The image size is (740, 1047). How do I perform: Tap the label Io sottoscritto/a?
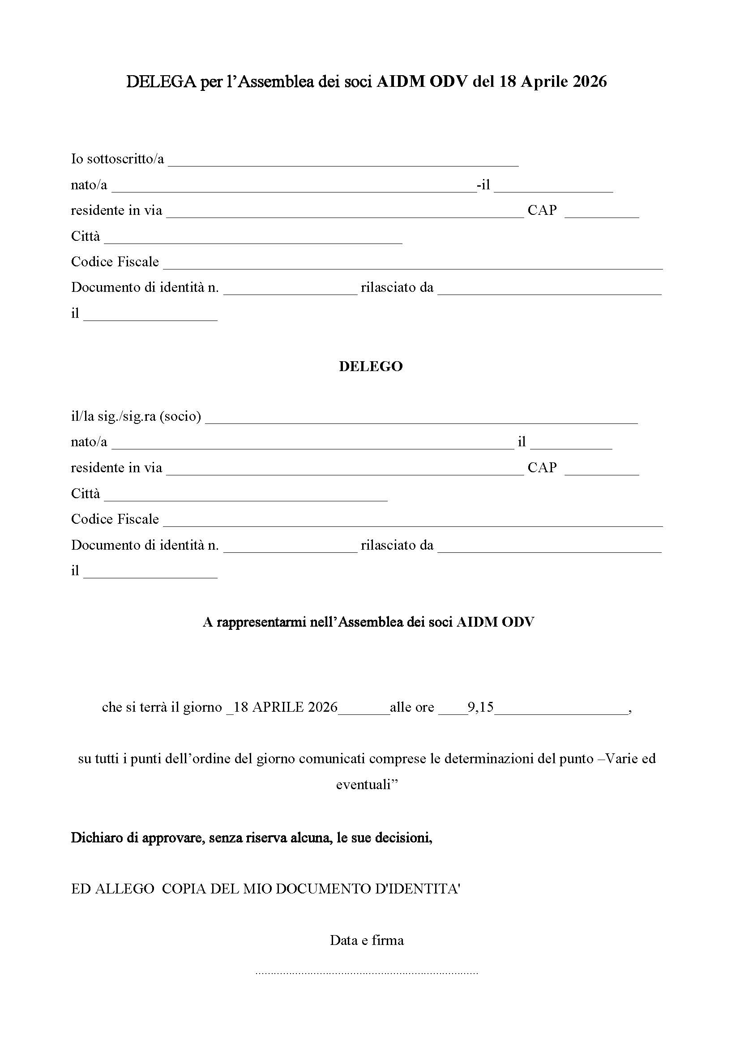pyautogui.click(x=117, y=159)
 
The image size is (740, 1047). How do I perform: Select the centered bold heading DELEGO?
pyautogui.click(x=371, y=367)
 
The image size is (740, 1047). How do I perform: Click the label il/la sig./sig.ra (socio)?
pyautogui.click(x=136, y=416)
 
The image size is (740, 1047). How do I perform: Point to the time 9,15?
pyautogui.click(x=480, y=707)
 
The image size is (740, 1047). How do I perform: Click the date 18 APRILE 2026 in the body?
pyautogui.click(x=286, y=707)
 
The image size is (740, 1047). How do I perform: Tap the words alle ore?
pyautogui.click(x=412, y=707)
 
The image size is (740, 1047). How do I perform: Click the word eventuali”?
pyautogui.click(x=367, y=784)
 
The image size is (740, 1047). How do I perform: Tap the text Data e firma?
pyautogui.click(x=367, y=940)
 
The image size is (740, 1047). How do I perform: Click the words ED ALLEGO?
pyautogui.click(x=113, y=889)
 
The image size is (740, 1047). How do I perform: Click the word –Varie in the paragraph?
pyautogui.click(x=620, y=759)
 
